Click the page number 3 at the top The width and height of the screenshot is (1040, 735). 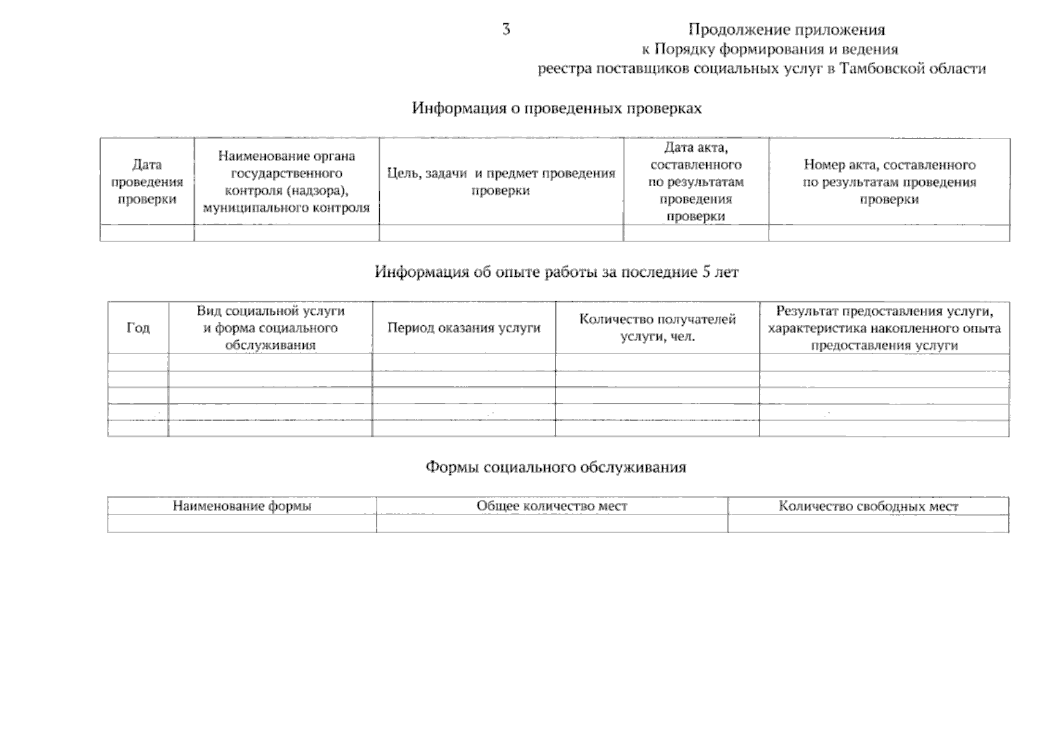(506, 29)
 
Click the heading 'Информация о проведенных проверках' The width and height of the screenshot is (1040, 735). (556, 108)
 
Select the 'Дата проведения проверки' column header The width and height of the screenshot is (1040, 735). (147, 182)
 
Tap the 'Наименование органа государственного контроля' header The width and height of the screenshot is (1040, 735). (286, 182)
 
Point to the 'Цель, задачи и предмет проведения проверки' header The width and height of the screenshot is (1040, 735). (501, 182)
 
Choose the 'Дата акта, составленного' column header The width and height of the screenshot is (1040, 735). (696, 182)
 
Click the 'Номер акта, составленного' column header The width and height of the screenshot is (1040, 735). (889, 182)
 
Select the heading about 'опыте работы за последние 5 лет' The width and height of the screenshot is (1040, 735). (556, 272)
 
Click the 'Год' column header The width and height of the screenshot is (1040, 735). (138, 328)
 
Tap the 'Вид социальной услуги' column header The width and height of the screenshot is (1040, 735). (270, 328)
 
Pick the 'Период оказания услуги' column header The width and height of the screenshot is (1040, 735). (464, 328)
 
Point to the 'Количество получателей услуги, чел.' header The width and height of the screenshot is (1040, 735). (657, 328)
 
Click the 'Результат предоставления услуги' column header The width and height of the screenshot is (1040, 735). (884, 328)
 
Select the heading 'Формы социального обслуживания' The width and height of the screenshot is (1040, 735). (556, 467)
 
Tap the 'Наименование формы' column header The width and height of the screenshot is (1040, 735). (242, 506)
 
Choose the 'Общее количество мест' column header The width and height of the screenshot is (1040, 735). (552, 506)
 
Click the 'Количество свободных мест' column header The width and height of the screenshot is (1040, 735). (868, 506)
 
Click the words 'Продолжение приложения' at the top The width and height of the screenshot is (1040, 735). (786, 29)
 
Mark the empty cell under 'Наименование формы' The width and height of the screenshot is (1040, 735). (242, 524)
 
